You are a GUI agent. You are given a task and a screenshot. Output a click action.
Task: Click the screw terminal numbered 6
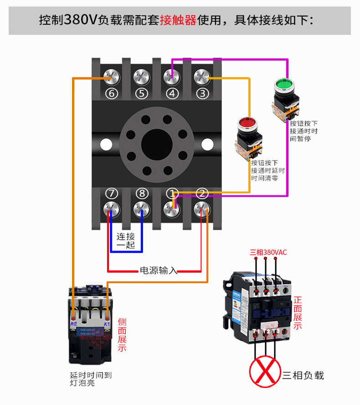[x=112, y=77]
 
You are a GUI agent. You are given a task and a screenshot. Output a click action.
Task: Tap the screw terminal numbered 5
[x=142, y=77]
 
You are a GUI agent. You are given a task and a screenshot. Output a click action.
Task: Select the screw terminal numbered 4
[x=172, y=77]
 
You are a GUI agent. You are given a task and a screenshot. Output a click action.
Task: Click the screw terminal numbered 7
[x=112, y=208]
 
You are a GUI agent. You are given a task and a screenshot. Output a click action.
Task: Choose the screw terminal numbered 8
[x=142, y=208]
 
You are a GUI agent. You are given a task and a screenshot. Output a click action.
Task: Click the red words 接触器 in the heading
[x=178, y=20]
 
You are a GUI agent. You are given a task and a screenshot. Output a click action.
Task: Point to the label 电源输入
[x=158, y=270]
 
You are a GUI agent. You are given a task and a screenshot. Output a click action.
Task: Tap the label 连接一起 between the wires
[x=126, y=241]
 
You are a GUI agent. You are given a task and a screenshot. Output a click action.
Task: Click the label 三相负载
[x=303, y=375]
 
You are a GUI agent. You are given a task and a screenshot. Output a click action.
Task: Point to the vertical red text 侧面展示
[x=122, y=335]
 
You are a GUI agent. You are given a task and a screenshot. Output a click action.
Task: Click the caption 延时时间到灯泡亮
[x=91, y=379]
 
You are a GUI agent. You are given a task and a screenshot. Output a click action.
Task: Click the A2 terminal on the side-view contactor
[x=73, y=318]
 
